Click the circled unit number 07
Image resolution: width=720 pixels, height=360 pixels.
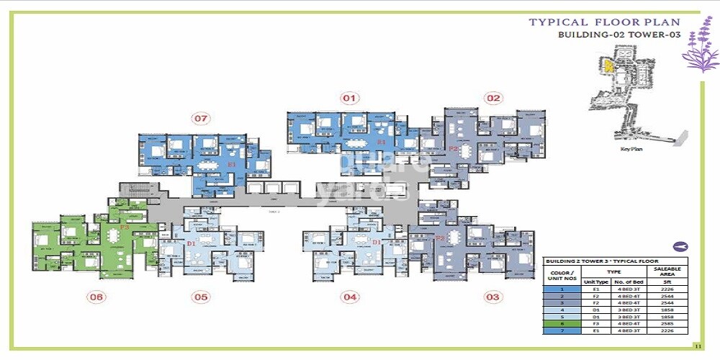coord(200,117)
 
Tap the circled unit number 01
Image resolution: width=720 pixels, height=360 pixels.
coord(349,97)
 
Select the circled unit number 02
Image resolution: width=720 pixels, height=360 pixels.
coord(492,97)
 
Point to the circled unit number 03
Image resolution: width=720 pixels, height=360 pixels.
coord(492,296)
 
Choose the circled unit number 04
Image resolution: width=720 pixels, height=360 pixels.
coord(350,296)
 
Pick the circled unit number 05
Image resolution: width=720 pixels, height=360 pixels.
coord(200,296)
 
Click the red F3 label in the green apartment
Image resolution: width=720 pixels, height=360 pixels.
coord(125,228)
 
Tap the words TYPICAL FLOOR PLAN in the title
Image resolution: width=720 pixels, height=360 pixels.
coord(604,22)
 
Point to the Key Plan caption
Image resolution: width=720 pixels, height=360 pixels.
coord(630,149)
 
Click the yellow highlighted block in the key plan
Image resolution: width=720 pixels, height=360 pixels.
coord(608,66)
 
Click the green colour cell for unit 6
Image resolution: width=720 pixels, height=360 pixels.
coord(562,323)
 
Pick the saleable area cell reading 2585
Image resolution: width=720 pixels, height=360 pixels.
coord(667,323)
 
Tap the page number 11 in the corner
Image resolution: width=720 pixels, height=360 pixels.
coord(697,346)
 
